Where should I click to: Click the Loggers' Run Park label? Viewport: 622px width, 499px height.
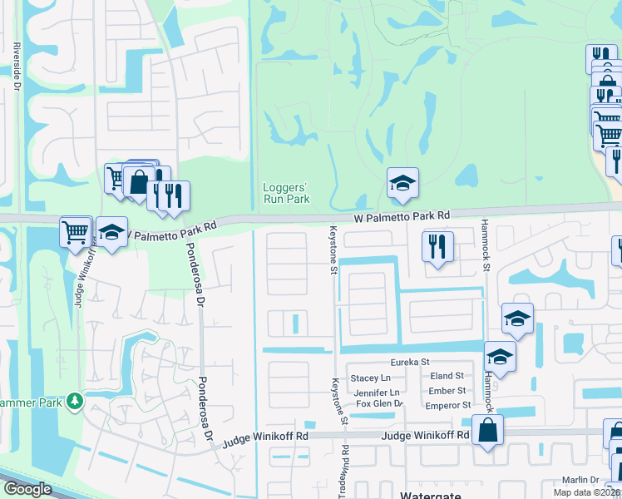point(286,192)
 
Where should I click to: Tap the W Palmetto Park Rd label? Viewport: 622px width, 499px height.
point(401,215)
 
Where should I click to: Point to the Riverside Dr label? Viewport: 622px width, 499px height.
point(16,67)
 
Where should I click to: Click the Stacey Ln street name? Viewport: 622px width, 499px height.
point(364,378)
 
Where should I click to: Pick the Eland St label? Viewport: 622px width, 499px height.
point(447,376)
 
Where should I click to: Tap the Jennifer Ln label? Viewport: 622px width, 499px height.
point(376,392)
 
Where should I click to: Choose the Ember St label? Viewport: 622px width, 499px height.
point(447,390)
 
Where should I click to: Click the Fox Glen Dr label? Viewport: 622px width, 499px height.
point(379,404)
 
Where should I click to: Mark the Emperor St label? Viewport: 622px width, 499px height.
point(449,405)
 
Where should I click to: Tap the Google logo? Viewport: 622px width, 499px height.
point(27,489)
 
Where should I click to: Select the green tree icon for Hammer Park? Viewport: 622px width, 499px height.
point(76,402)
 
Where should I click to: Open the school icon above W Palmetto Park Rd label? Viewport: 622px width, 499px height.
point(402,184)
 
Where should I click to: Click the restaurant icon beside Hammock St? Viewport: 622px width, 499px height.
point(436,245)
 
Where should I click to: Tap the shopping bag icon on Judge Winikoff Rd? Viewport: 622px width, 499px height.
point(487,430)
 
